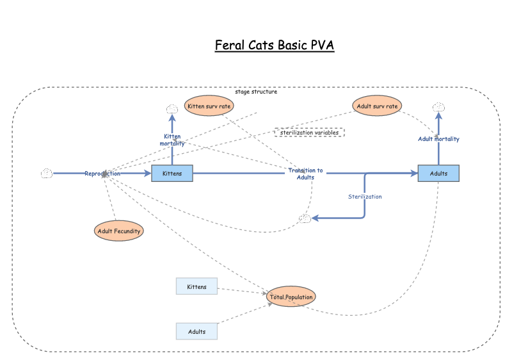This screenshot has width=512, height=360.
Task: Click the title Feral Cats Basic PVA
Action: click(275, 45)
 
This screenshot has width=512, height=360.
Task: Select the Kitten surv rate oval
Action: click(209, 106)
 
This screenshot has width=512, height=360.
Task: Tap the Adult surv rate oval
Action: click(378, 106)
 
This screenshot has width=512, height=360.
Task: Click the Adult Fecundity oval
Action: click(118, 231)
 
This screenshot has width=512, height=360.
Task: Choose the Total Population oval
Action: click(291, 297)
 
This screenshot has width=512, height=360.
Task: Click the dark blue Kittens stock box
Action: click(172, 174)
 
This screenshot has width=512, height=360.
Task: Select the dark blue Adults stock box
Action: click(438, 174)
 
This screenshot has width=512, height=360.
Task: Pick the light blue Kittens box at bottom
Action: click(196, 286)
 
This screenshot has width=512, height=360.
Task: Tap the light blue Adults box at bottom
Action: click(196, 331)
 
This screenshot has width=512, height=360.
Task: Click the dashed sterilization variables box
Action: click(309, 133)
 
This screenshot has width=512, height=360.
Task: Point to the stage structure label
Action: click(256, 92)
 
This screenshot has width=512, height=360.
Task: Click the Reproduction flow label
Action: click(102, 174)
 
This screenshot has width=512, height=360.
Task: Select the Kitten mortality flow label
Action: click(172, 140)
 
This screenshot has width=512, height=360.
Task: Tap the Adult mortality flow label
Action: click(438, 138)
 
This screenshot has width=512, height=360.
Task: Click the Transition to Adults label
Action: click(305, 174)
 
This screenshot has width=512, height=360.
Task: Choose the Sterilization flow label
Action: click(365, 197)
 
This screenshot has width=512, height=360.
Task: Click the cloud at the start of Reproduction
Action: click(46, 174)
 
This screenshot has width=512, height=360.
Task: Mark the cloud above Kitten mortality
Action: click(172, 109)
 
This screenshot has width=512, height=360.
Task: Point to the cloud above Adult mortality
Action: click(438, 107)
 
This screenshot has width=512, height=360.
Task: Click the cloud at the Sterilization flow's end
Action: click(305, 219)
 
